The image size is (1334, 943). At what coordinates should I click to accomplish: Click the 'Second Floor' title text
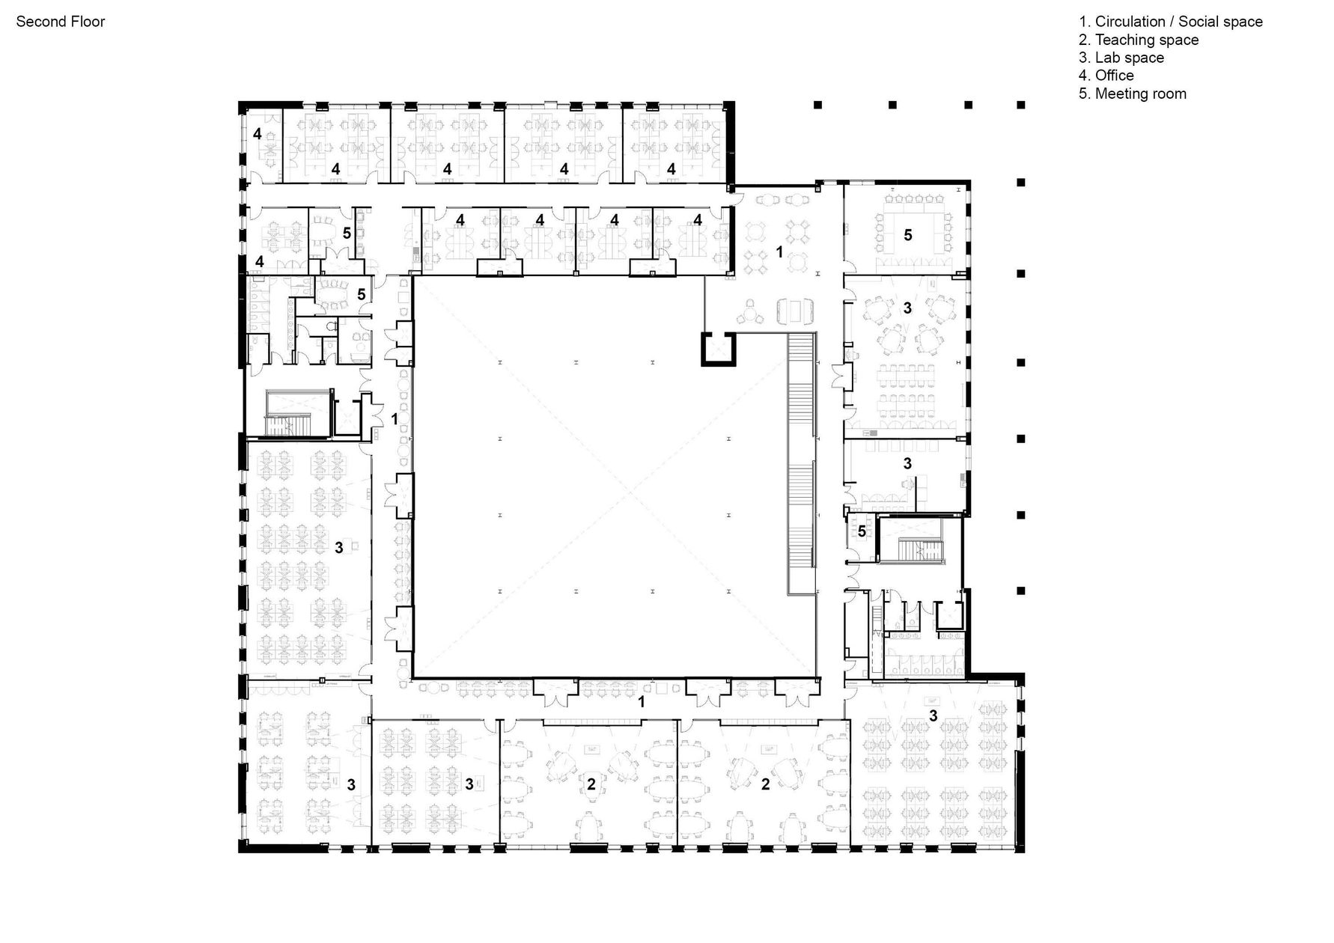point(61,22)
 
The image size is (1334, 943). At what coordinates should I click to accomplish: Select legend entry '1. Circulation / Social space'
point(1170,22)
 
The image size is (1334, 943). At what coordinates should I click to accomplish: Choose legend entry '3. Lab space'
point(1121,58)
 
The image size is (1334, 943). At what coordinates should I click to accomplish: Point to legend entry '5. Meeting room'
point(1132,94)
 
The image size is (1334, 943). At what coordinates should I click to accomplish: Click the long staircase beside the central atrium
point(801,464)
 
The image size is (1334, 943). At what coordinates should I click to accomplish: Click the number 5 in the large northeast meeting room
point(908,235)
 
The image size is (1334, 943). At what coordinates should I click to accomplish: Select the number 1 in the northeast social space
point(779,252)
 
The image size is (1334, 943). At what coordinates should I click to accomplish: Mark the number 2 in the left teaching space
point(591,784)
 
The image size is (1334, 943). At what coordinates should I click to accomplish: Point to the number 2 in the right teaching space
point(765,784)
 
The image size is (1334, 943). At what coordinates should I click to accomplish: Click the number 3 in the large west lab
point(339,548)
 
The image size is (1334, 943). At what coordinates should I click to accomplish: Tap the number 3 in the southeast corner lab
point(933,716)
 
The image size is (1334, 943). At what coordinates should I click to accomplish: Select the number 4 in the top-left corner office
point(257,135)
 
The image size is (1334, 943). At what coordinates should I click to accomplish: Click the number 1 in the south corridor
point(641,702)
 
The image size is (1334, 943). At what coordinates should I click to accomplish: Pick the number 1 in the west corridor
point(395,419)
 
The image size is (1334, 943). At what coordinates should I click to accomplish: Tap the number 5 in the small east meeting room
point(862,531)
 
